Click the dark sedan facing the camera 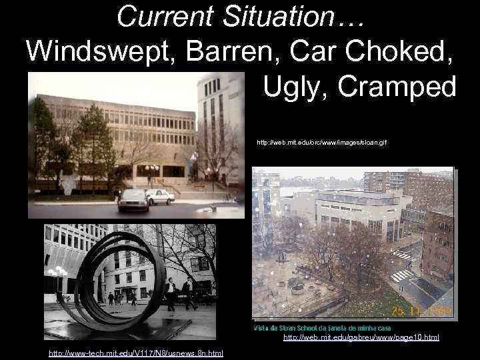[133, 200]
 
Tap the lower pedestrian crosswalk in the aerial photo [402, 275]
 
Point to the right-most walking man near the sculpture [189, 293]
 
